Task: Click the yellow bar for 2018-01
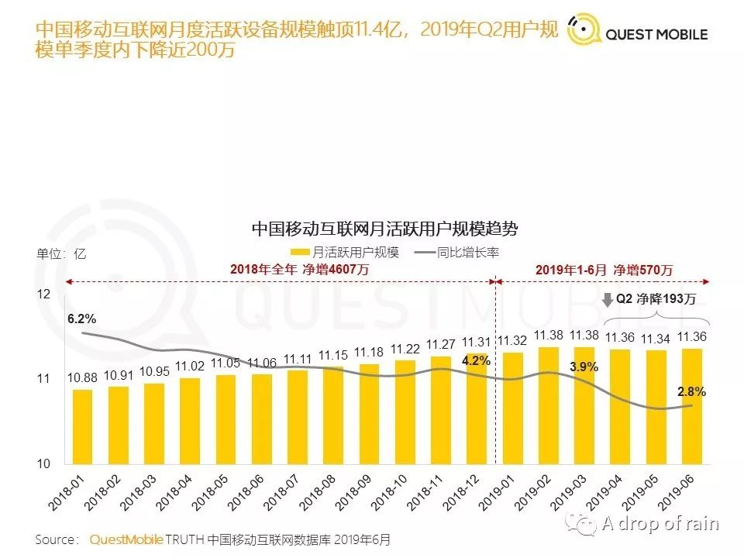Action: click(x=82, y=426)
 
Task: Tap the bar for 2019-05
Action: click(x=655, y=407)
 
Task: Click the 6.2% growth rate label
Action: click(x=81, y=319)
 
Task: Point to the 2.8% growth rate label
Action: click(x=691, y=392)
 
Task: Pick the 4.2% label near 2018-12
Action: click(x=477, y=360)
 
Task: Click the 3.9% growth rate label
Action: click(x=584, y=367)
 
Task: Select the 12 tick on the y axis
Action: click(x=43, y=294)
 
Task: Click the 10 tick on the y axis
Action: click(x=43, y=463)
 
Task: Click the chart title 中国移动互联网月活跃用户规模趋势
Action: click(x=384, y=229)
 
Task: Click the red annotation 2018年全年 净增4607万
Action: click(x=299, y=270)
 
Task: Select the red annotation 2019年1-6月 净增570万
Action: click(x=604, y=270)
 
